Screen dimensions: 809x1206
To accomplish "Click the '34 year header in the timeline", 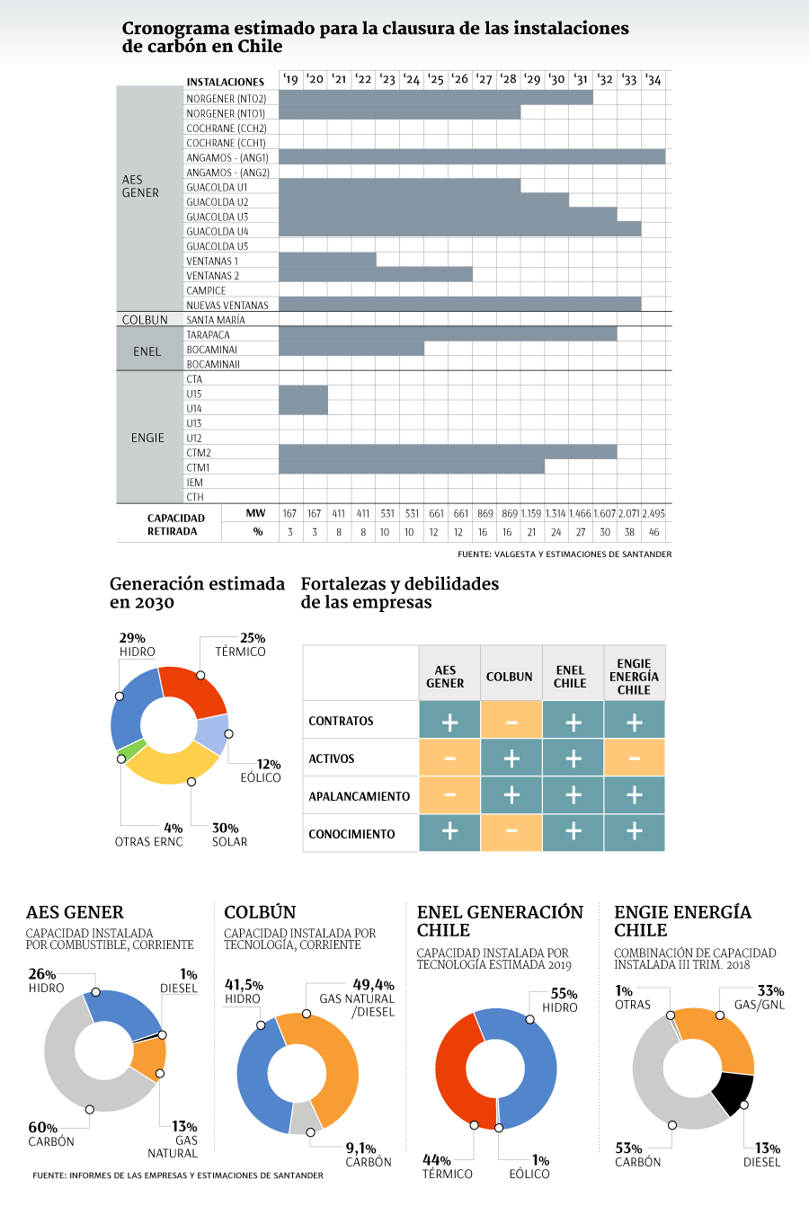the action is coord(653,80).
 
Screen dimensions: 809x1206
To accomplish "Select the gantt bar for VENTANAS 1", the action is coord(327,260).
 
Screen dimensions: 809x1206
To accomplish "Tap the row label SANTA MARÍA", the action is coord(216,320).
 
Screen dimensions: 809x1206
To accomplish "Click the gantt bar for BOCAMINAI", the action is coord(351,349).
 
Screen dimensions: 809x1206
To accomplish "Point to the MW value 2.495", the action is coord(653,514).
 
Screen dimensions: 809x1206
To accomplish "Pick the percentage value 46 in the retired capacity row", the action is coord(653,532).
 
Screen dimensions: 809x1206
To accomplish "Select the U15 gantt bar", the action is coord(303,393).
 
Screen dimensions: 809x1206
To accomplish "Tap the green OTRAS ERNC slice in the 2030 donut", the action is coord(131,749).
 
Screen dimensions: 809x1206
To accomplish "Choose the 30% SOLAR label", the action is coord(229,835).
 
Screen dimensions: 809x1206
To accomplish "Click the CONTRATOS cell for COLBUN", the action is coord(511,719).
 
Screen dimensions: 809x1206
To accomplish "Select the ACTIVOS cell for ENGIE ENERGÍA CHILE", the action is coord(635,758).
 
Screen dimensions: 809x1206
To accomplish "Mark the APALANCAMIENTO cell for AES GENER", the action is coord(449,794).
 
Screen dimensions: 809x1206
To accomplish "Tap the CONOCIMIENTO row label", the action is coord(351,834).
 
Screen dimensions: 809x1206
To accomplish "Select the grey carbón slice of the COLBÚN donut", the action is coord(305,1118).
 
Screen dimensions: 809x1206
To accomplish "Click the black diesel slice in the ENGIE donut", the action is coord(733,1092).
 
